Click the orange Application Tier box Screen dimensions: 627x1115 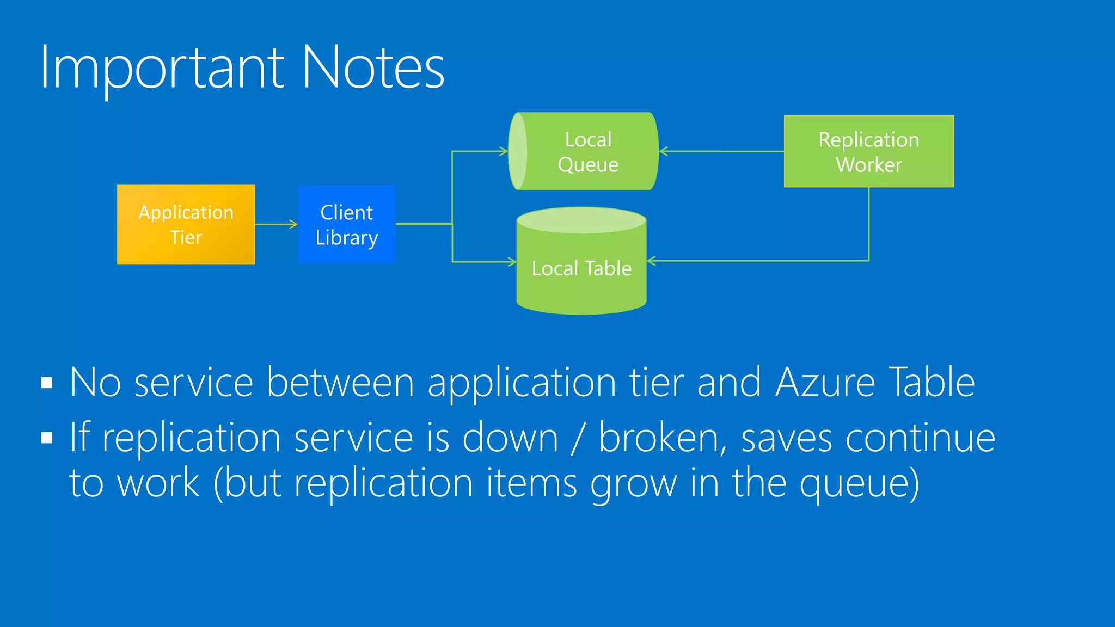pyautogui.click(x=186, y=224)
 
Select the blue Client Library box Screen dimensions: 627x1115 pyautogui.click(x=347, y=224)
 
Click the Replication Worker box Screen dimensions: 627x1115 pyautogui.click(x=868, y=151)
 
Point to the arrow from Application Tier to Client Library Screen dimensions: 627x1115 pyautogui.click(x=276, y=224)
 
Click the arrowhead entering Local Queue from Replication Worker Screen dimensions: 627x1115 pyautogui.click(x=664, y=151)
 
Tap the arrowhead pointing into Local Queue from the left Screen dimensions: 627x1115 pyautogui.click(x=504, y=151)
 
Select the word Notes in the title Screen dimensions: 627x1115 pyautogui.click(x=373, y=68)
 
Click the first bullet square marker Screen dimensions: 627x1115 pyautogui.click(x=47, y=383)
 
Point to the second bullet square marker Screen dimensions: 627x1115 pyautogui.click(x=47, y=438)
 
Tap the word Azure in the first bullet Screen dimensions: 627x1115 pyautogui.click(x=825, y=383)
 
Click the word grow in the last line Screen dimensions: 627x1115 pyautogui.click(x=634, y=483)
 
